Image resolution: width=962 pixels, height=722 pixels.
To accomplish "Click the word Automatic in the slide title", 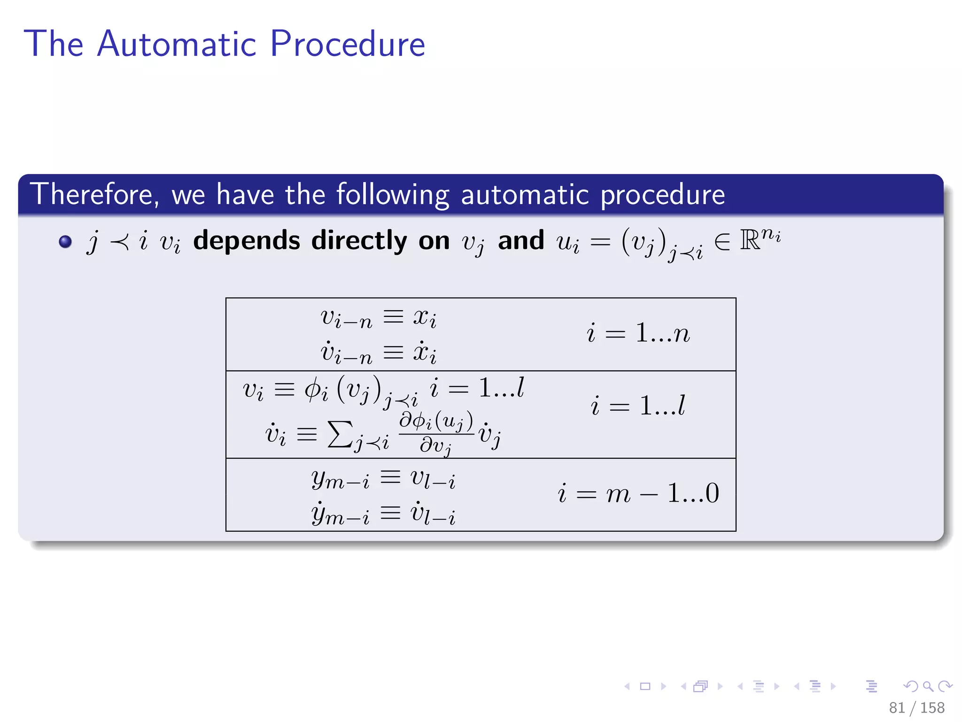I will (x=177, y=44).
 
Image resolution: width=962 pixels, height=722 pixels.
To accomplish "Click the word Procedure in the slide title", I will (x=348, y=44).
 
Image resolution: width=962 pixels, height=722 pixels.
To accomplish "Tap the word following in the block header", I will (x=393, y=195).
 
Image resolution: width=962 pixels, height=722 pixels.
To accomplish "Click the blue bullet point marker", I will (x=65, y=242).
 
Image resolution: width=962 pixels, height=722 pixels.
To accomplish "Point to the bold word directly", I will (x=359, y=241).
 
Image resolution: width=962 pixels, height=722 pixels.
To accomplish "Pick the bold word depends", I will (x=247, y=241).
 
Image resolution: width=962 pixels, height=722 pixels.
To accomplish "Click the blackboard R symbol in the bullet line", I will (x=750, y=240).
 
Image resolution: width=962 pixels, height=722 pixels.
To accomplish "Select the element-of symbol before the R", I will (x=722, y=242).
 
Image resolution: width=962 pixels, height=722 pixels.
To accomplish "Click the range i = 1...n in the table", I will (x=638, y=333).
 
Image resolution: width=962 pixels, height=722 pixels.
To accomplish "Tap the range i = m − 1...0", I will (x=638, y=494).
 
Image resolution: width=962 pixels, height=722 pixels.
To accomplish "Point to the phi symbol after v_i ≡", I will (x=313, y=389).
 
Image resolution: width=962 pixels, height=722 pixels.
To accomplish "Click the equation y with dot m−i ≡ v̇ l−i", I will (x=383, y=513).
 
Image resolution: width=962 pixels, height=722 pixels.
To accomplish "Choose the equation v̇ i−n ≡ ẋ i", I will (x=379, y=353).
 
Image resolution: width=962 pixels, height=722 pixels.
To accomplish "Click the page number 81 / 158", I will (x=916, y=707).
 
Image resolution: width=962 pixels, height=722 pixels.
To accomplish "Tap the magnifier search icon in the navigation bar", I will (x=928, y=686).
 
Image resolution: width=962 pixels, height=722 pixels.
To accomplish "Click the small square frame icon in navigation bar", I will (x=645, y=686).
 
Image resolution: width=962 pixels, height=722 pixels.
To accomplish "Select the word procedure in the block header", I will (x=663, y=195).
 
